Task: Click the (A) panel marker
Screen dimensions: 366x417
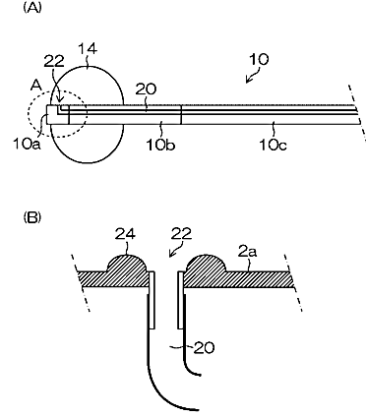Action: coord(32,8)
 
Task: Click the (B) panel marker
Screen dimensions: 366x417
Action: coord(32,217)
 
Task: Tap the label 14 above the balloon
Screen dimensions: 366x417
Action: coord(88,49)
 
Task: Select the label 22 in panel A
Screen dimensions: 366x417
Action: coord(54,61)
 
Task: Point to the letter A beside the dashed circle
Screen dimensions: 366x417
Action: coord(36,86)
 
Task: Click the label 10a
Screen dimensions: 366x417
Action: coord(27,144)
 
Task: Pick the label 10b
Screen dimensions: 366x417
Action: coord(160,145)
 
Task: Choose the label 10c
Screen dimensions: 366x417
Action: coord(273,145)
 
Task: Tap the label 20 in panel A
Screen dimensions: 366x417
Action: coord(147,89)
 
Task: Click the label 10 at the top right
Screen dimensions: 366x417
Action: coord(259,59)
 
